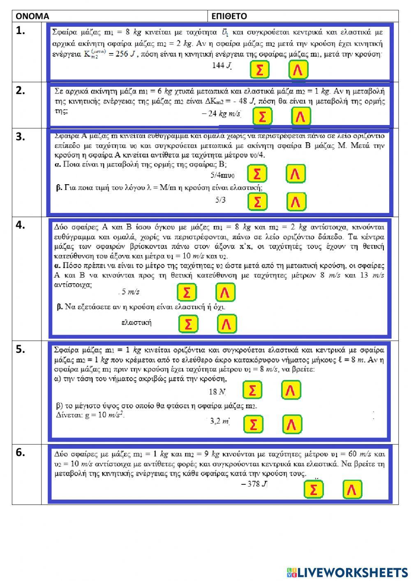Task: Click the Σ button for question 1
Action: click(259, 70)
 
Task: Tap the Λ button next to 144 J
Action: click(298, 70)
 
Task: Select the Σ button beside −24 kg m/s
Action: click(262, 116)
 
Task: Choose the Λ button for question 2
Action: click(301, 116)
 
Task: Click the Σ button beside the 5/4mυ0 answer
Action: click(257, 174)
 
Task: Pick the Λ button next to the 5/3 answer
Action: click(296, 201)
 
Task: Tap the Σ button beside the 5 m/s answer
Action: click(187, 292)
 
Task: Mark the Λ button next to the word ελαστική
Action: click(226, 324)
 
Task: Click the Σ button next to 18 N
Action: click(252, 390)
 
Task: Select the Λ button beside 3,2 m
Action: click(292, 424)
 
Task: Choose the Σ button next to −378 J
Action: click(313, 489)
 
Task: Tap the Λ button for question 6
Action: click(352, 489)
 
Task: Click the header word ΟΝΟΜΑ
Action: click(32, 16)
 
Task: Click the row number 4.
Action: click(21, 225)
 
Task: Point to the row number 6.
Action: click(21, 452)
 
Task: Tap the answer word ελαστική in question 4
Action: click(136, 322)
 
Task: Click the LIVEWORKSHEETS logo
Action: click(347, 572)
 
